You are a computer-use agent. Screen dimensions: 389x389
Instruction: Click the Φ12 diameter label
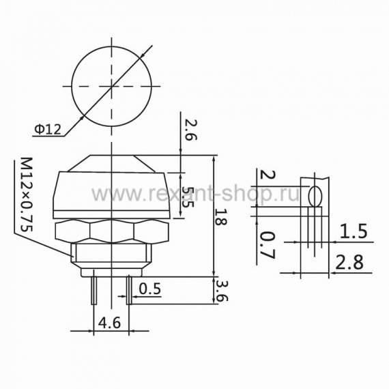point(48,129)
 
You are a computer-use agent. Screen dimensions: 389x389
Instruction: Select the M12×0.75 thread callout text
point(27,194)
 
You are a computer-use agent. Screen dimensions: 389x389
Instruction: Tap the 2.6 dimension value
point(191,130)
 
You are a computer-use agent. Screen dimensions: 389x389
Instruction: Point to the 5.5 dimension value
point(188,197)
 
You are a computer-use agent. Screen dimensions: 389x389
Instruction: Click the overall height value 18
point(220,217)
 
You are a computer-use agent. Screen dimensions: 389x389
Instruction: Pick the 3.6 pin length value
point(222,291)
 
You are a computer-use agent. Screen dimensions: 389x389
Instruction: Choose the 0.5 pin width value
point(150,289)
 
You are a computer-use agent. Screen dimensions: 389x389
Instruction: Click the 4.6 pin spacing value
point(109,323)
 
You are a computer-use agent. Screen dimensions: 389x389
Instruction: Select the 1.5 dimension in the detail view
point(354,231)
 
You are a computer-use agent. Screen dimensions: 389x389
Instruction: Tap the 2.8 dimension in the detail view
point(349,262)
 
